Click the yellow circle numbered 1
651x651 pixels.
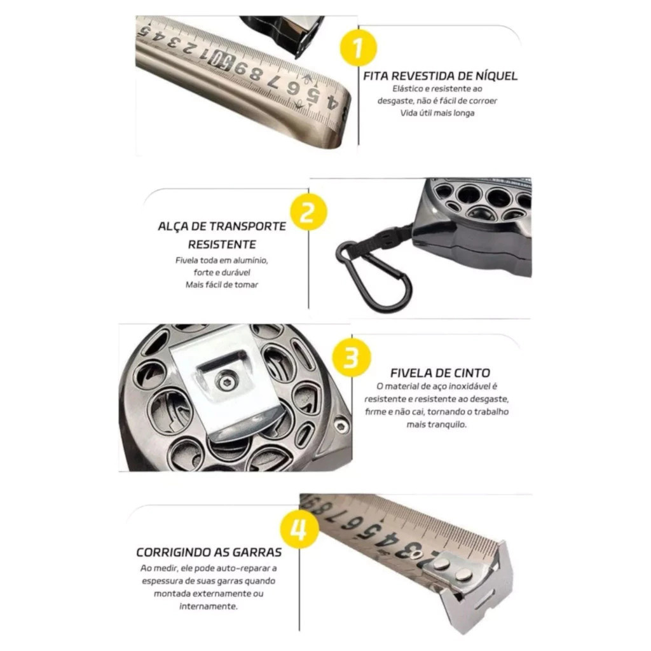[359, 46]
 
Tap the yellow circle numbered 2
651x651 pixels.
[308, 212]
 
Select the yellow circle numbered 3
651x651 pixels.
[352, 357]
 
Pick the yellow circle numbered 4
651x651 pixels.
[299, 530]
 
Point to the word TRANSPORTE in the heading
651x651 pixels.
[247, 227]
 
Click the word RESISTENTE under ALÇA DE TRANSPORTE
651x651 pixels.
[222, 245]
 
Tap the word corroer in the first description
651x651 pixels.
[483, 101]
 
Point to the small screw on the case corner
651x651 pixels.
[341, 424]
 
